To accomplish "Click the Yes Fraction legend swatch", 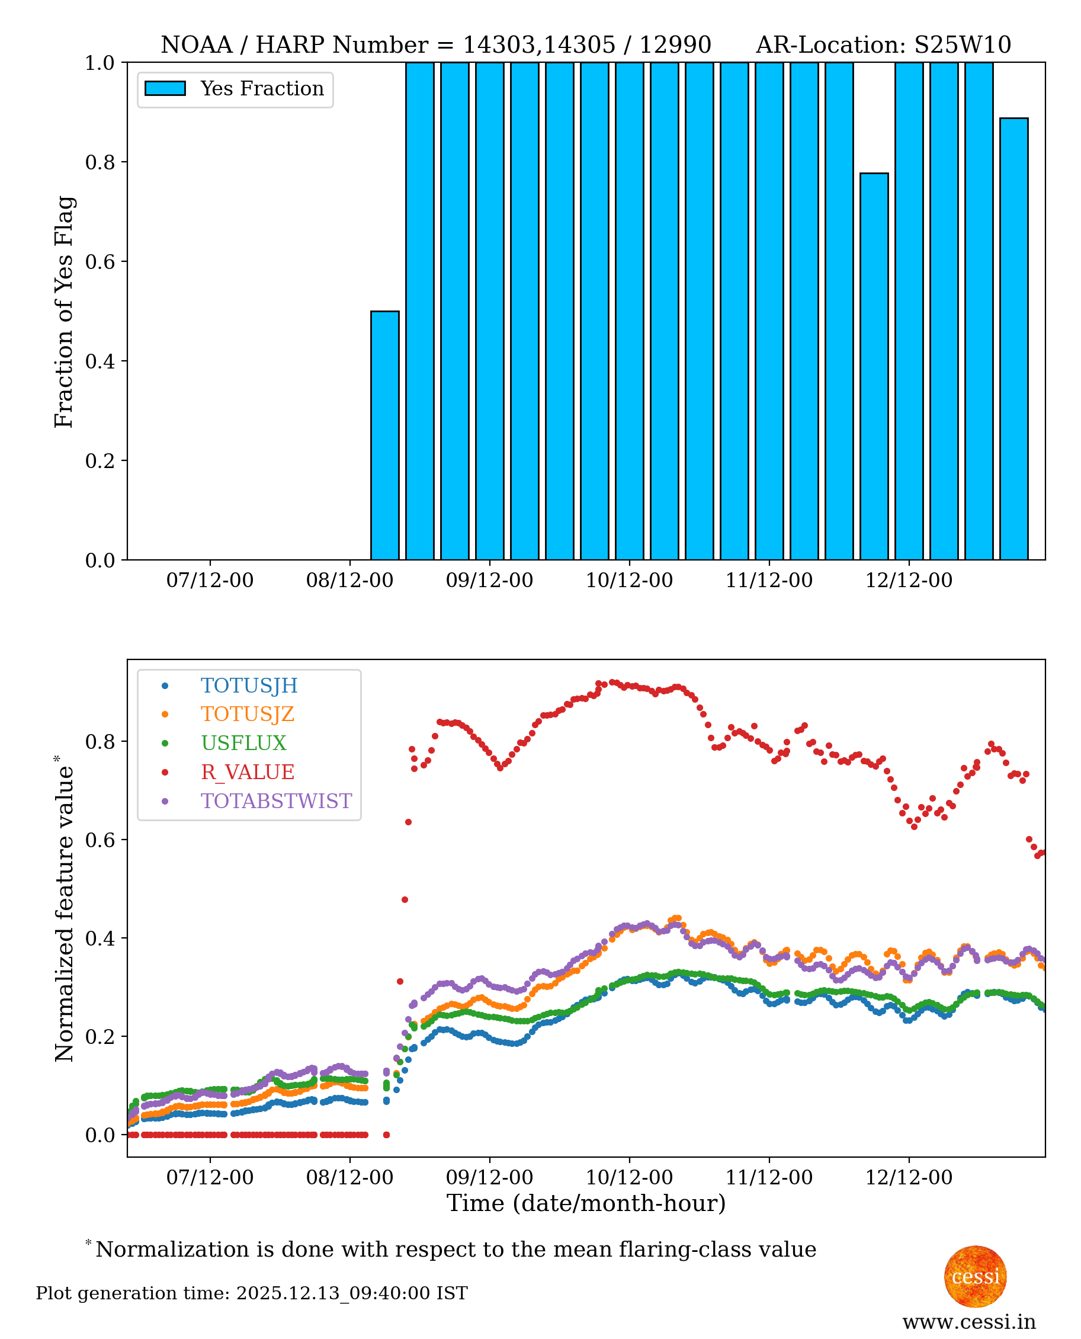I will click(165, 88).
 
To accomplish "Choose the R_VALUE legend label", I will click(247, 771).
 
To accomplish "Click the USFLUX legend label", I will click(243, 742).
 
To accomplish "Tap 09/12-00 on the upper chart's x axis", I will click(489, 581).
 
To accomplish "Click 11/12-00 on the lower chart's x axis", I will click(769, 1178).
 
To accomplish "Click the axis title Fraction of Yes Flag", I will click(63, 312).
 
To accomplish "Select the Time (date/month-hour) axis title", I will click(586, 1203).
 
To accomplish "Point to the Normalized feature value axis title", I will click(63, 910).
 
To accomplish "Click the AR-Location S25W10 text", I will click(883, 45).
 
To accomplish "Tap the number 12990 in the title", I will click(675, 45).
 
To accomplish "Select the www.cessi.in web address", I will click(969, 1322).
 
